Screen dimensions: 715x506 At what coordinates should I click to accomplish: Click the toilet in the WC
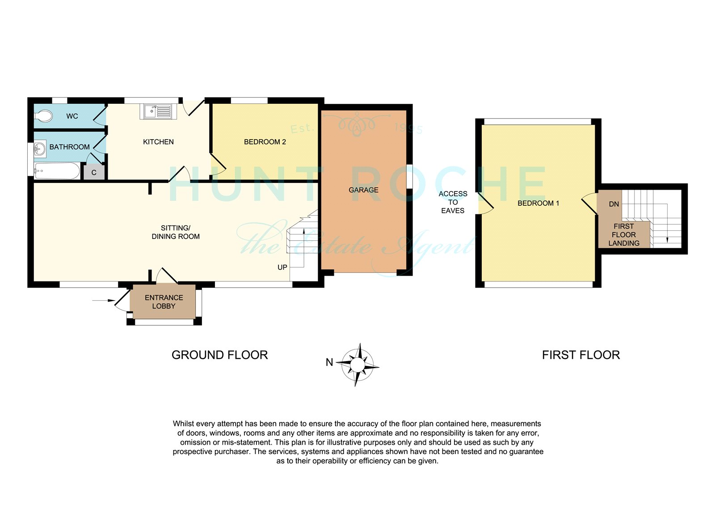(43, 116)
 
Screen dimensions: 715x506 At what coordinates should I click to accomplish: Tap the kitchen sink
(158, 111)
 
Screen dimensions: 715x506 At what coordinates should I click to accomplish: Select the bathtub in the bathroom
(57, 171)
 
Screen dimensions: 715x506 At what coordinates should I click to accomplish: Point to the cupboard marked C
(94, 172)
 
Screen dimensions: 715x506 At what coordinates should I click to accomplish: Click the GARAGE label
(363, 190)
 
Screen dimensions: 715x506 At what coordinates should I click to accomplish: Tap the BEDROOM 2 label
(265, 142)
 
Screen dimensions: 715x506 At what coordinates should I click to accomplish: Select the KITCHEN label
(158, 142)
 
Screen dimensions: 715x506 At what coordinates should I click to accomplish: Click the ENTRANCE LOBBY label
(164, 302)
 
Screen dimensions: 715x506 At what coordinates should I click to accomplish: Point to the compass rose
(357, 365)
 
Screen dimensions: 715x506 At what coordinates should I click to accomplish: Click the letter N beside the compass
(329, 362)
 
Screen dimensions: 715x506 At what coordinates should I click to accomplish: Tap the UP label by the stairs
(282, 267)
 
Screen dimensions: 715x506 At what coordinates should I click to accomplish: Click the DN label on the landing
(614, 204)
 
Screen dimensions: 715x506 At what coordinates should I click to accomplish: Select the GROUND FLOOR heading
(219, 355)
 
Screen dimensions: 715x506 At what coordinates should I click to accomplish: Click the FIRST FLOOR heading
(581, 355)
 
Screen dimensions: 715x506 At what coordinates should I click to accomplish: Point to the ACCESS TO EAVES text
(453, 202)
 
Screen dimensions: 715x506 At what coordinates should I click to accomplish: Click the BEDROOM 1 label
(538, 203)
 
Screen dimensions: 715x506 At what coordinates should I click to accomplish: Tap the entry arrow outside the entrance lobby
(103, 301)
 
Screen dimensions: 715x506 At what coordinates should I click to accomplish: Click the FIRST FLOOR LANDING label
(624, 234)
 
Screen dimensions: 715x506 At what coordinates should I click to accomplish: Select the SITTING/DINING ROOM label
(176, 232)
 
